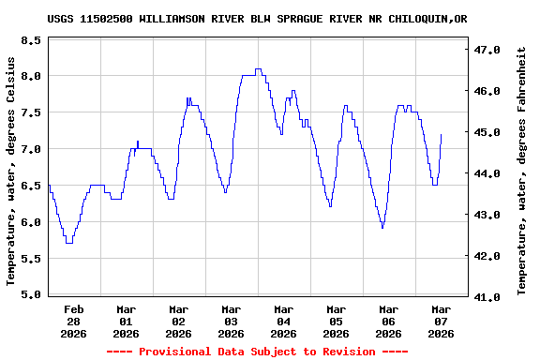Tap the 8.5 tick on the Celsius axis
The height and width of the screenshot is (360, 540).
point(31,41)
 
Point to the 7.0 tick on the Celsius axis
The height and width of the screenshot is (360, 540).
point(31,150)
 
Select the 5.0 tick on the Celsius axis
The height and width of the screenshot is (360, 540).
point(31,295)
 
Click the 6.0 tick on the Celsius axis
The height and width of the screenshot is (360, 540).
point(31,223)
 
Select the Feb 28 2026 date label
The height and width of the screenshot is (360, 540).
point(74,321)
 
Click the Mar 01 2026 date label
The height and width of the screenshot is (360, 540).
point(127,321)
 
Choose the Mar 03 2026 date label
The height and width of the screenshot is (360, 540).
point(232,321)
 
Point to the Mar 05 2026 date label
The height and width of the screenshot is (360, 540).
point(337,321)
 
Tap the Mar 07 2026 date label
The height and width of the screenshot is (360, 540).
point(441,321)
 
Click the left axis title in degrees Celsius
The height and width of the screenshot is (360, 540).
point(11,171)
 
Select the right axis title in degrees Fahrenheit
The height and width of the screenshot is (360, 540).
point(522,171)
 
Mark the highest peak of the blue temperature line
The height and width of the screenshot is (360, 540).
point(258,68)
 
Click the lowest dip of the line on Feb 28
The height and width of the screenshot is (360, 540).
point(68,243)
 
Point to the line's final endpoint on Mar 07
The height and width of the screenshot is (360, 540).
point(441,135)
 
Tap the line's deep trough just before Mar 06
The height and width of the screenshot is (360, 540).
point(382,228)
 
